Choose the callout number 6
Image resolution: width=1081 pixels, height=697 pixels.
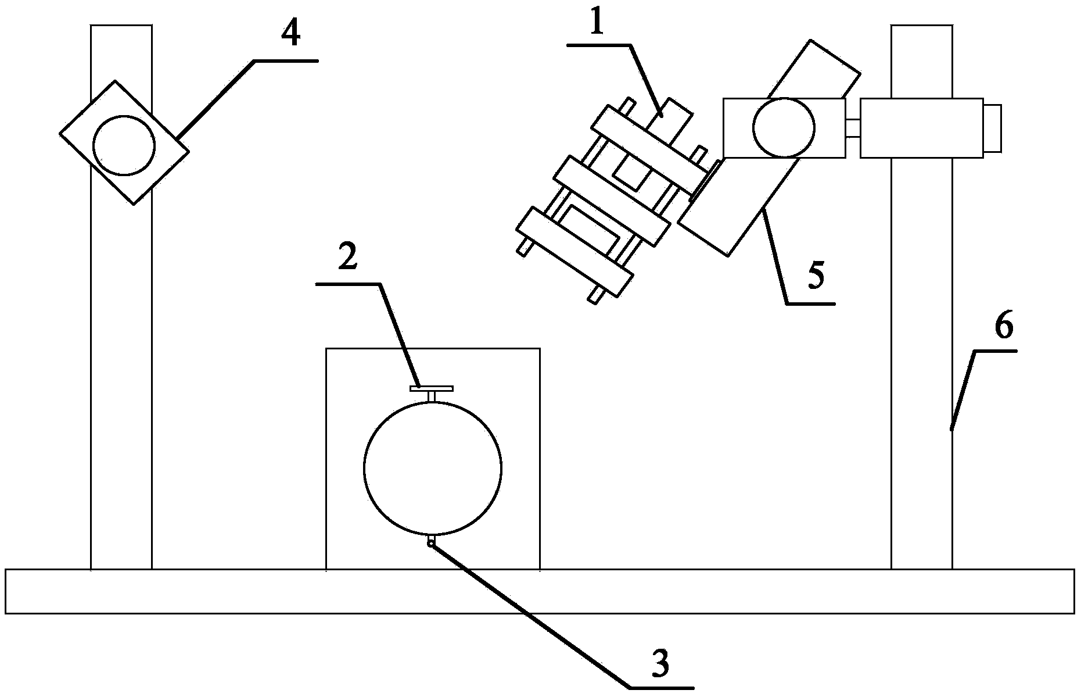1003,327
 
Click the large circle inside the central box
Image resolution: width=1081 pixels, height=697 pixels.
433,468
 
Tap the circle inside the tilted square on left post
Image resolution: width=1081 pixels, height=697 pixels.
124,145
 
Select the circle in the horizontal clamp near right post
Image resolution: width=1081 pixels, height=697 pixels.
783,127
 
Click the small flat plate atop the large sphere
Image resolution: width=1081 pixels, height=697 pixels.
432,388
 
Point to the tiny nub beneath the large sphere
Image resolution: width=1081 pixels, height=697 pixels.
431,542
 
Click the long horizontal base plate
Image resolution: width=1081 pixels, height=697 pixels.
540,591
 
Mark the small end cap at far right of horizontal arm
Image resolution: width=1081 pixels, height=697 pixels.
993,128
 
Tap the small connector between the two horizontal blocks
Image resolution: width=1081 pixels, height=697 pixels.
852,128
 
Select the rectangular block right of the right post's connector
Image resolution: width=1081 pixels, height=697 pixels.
921,128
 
